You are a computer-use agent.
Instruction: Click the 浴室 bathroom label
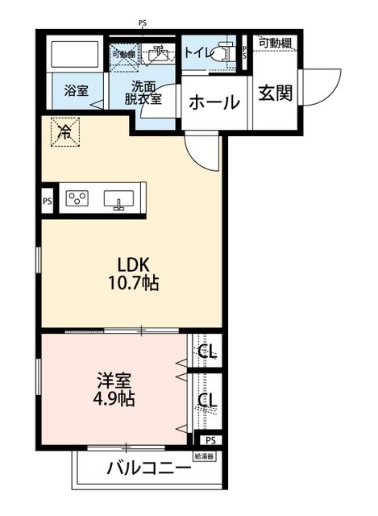point(77,90)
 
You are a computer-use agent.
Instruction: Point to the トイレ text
point(197,53)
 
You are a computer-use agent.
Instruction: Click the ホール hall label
point(214,103)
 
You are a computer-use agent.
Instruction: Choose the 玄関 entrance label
point(274,94)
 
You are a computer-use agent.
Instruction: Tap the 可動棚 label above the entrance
point(275,43)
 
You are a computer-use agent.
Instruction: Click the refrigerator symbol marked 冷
point(62,132)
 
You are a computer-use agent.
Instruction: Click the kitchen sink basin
point(119,199)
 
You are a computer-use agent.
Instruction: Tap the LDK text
point(132,265)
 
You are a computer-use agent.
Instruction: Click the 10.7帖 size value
point(132,284)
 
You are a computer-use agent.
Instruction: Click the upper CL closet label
point(207,352)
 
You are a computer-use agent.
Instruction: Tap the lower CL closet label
point(207,401)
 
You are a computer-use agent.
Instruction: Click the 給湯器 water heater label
point(204,456)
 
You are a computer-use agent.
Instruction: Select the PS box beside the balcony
point(210,440)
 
